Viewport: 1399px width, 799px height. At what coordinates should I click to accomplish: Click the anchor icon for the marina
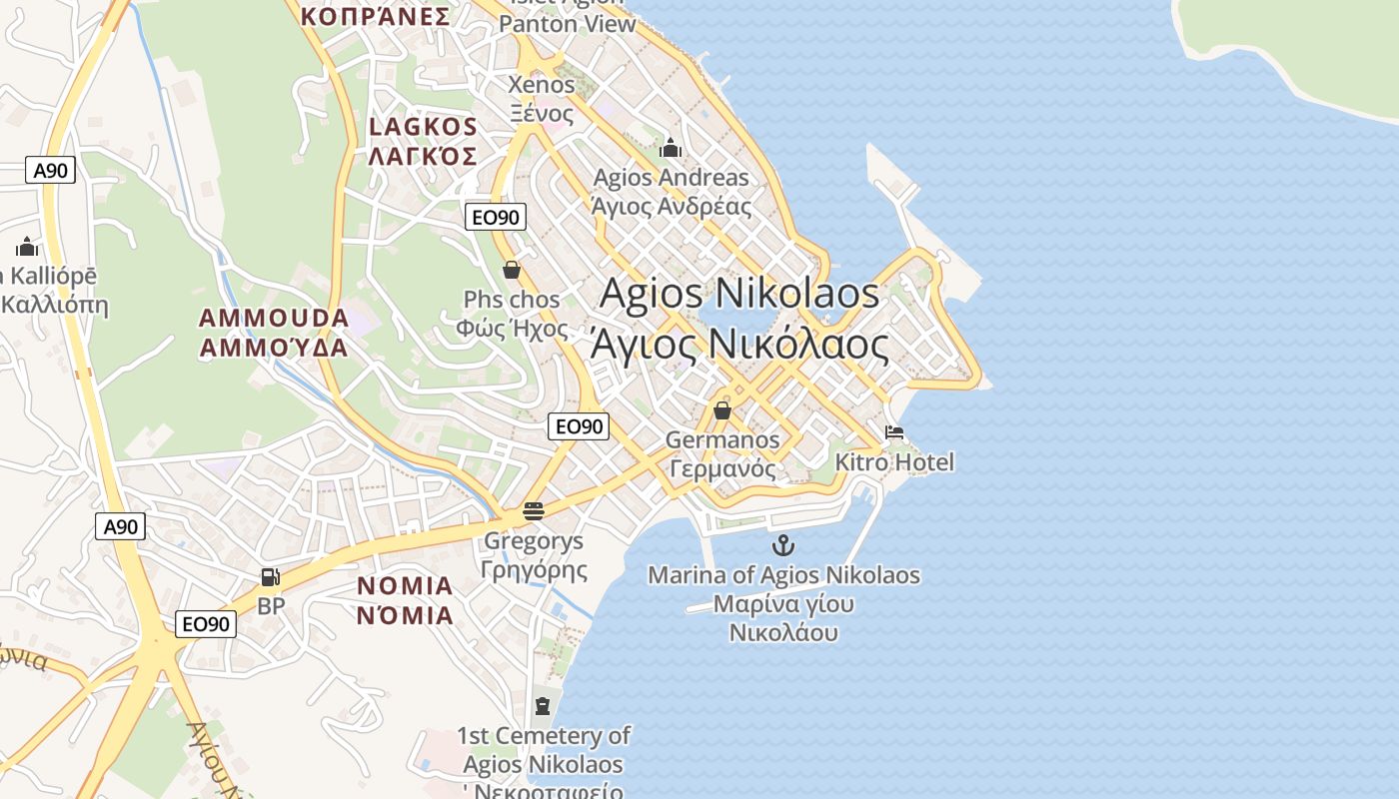[783, 545]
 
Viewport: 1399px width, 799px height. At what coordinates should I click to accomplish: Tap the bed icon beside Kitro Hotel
[894, 432]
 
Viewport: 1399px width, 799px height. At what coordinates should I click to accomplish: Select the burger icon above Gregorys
[533, 511]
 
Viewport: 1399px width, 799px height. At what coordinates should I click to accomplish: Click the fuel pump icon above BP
[270, 576]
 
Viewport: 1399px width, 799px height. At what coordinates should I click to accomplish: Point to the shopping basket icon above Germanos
[722, 410]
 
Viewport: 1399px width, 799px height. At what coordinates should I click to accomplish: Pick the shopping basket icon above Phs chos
[512, 270]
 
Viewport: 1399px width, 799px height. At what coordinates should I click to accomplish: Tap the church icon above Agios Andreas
[671, 149]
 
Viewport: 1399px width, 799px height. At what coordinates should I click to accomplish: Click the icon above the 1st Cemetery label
[542, 706]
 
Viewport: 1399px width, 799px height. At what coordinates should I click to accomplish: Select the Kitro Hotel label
[894, 462]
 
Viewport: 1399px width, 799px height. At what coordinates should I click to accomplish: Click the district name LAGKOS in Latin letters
[424, 127]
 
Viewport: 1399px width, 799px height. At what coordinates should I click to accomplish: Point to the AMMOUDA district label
[274, 319]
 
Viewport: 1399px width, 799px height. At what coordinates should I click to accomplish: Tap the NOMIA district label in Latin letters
[405, 586]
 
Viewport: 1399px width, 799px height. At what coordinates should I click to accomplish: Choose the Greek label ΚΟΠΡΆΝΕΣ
[375, 16]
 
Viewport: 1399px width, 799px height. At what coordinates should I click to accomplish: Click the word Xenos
[542, 85]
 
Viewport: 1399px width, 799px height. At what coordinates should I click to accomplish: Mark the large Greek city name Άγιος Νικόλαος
[739, 345]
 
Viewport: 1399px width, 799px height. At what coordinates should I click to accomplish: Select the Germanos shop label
[722, 440]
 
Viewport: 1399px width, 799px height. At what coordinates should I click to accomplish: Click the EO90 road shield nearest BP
[206, 624]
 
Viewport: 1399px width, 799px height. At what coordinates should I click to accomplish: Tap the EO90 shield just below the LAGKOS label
[495, 216]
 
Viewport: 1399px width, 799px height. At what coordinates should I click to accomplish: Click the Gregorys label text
[533, 541]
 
